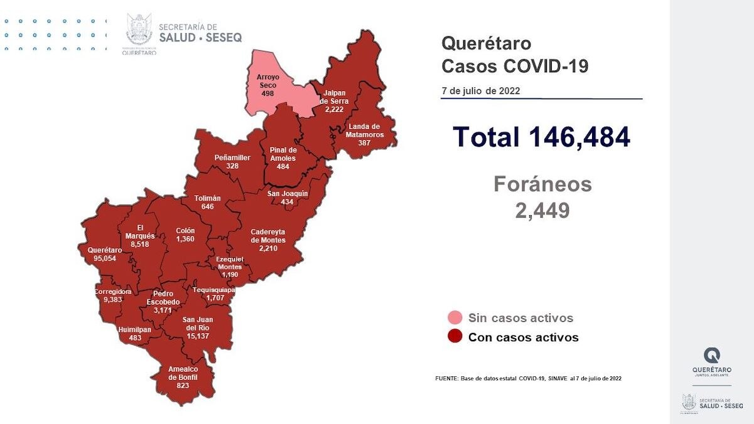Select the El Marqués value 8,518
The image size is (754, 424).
136,244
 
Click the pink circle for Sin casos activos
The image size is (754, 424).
455,318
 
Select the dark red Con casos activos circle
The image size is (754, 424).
455,337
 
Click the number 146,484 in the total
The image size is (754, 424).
579,137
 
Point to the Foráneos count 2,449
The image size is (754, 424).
542,211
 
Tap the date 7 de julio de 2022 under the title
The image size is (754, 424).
480,91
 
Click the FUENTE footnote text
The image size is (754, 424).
528,378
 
